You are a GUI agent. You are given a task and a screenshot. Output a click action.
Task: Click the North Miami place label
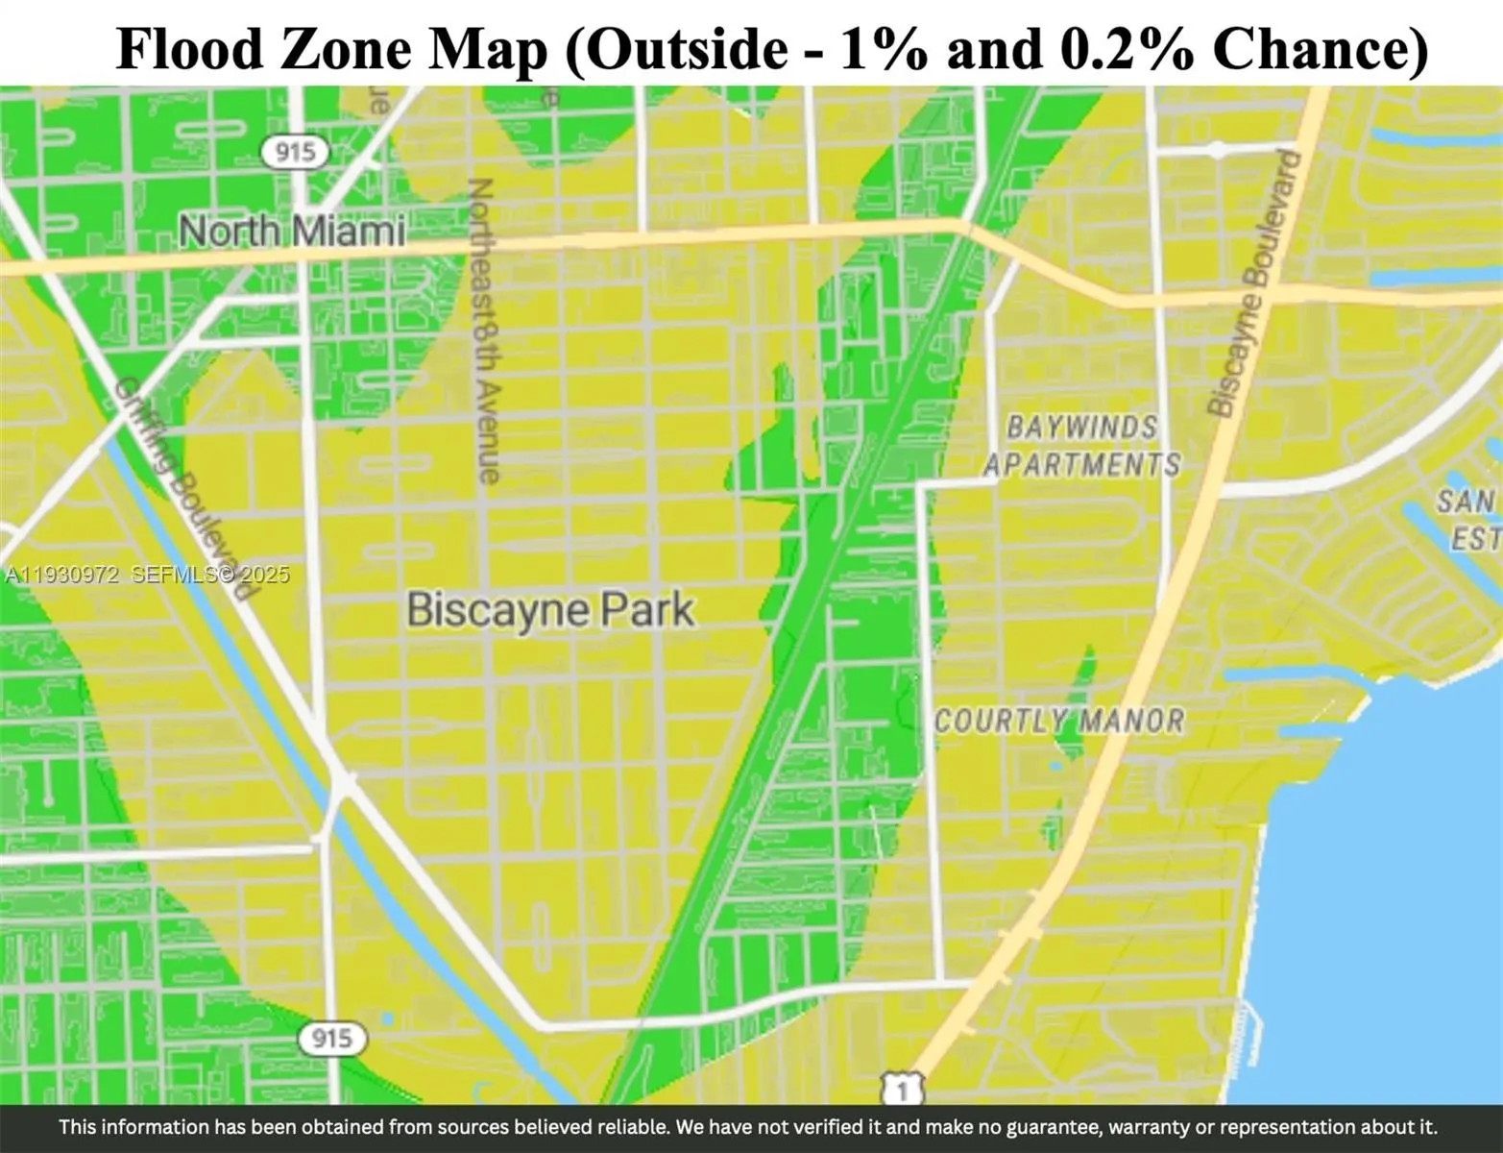tap(291, 232)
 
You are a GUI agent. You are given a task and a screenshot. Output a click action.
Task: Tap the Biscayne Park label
tap(550, 610)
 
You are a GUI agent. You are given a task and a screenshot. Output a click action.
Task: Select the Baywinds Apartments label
tap(1082, 446)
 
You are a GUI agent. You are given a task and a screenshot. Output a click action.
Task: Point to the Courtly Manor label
tap(1059, 721)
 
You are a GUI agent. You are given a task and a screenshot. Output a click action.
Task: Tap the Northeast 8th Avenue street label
tap(485, 330)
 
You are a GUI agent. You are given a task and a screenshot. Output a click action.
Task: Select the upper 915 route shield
tap(295, 152)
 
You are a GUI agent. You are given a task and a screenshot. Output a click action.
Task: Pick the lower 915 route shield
tap(331, 1038)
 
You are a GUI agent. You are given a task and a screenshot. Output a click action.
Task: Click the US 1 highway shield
tap(901, 1091)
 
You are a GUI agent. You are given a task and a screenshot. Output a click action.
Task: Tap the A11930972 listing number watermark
tap(61, 576)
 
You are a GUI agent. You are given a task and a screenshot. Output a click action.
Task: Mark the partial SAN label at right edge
tap(1467, 502)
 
